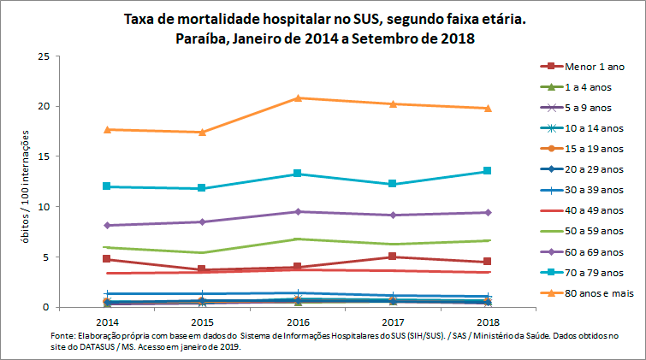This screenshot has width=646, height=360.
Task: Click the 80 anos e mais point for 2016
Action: pos(298,97)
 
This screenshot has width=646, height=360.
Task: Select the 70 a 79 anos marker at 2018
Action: pos(487,171)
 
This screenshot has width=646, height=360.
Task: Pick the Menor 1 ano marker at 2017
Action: pos(392,257)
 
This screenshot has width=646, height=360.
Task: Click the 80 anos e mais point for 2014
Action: pos(107,129)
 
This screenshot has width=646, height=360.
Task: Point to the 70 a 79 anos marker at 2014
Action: pos(107,186)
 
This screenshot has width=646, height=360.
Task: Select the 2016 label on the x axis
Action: pos(298,322)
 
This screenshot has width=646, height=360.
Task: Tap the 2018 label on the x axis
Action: pos(487,322)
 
